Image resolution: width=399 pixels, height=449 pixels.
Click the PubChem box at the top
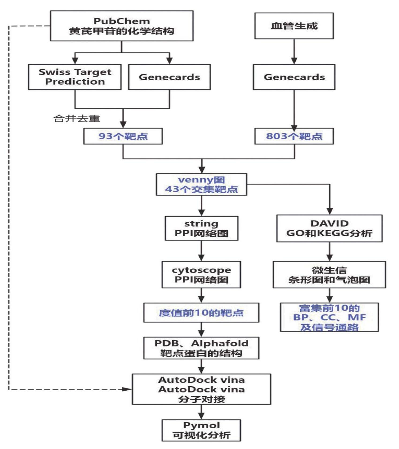coord(122,26)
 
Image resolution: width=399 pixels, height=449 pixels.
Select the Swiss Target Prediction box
coord(75,77)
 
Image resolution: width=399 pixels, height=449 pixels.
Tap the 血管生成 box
coord(294,26)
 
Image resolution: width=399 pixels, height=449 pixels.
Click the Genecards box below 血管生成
coord(294,77)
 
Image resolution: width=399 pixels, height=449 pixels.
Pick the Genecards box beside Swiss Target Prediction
coord(169,77)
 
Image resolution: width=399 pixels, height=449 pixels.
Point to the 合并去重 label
coord(77,118)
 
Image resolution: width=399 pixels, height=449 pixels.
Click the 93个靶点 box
coord(123,136)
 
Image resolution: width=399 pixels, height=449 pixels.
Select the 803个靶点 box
coord(294,136)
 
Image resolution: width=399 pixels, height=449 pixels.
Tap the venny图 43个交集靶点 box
coord(201,184)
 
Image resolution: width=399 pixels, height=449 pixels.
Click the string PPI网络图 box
coord(201,228)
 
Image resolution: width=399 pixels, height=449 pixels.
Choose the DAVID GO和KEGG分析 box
coord(329,228)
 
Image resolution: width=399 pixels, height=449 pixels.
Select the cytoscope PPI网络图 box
coord(201,274)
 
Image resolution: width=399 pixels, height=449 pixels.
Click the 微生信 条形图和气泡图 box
coord(329,274)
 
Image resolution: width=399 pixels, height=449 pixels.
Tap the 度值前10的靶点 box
coord(201,312)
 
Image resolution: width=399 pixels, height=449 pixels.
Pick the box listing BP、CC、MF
coord(329,317)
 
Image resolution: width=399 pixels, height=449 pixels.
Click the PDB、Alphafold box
coord(201,348)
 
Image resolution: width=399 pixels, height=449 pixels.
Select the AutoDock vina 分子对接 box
coord(201,389)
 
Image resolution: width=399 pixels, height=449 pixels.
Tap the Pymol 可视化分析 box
coord(201,430)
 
